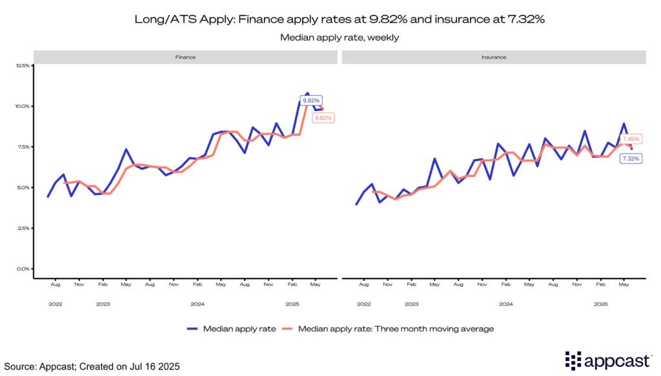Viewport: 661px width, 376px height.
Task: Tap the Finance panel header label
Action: click(x=186, y=57)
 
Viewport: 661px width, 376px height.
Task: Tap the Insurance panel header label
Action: click(x=494, y=57)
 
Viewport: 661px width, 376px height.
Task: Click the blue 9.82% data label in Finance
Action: click(x=310, y=100)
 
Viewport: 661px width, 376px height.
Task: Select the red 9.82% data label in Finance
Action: click(x=322, y=118)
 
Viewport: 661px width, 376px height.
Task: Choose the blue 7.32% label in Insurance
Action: click(x=630, y=158)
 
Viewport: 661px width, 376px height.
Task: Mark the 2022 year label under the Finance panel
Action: click(x=56, y=303)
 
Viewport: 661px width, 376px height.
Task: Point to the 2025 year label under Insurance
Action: click(x=600, y=303)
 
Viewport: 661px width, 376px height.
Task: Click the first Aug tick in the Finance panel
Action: click(x=56, y=284)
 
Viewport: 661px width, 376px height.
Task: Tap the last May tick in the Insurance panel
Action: click(x=624, y=284)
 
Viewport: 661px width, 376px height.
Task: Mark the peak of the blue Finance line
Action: click(x=307, y=93)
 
